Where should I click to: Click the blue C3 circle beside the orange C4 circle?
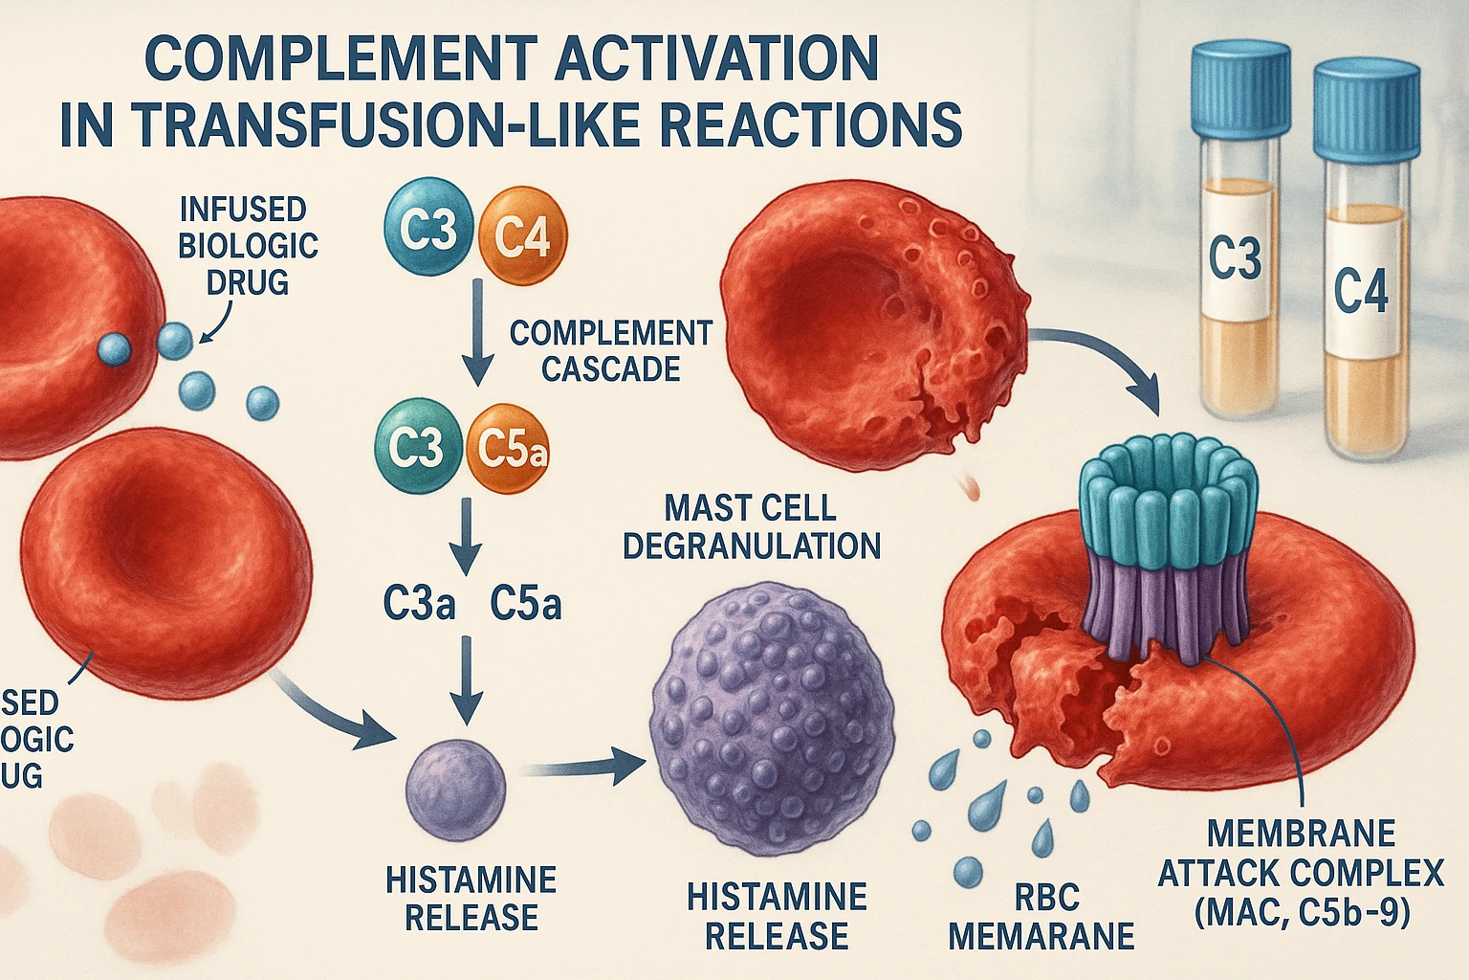click(x=428, y=231)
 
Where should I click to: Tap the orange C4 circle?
click(x=520, y=234)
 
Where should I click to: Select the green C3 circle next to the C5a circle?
click(x=418, y=447)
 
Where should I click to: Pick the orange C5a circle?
click(x=511, y=450)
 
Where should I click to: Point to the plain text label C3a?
click(x=419, y=604)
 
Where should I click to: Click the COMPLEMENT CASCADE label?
click(x=610, y=350)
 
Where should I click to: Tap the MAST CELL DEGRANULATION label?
click(x=751, y=526)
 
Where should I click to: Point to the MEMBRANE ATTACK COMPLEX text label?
click(x=1301, y=872)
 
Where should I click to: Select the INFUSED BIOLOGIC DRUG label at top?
click(x=248, y=245)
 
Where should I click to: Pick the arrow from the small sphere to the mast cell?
click(x=583, y=766)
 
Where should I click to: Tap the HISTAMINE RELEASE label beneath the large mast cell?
click(x=777, y=916)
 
